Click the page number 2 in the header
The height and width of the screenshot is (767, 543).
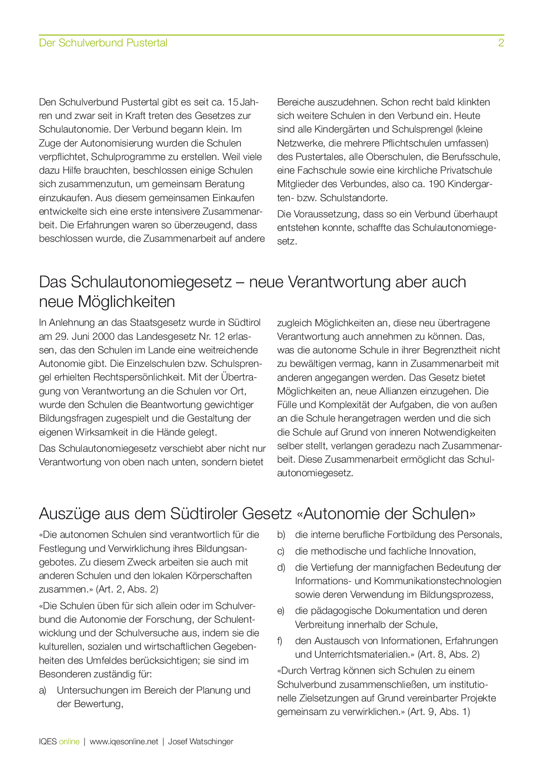tap(501, 43)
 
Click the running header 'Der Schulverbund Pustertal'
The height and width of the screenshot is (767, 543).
tap(103, 43)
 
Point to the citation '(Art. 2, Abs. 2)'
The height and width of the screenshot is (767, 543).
tap(127, 589)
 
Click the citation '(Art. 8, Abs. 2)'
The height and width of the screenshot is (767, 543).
tap(448, 655)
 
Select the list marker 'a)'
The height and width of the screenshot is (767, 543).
tap(42, 690)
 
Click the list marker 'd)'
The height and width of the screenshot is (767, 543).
tap(281, 568)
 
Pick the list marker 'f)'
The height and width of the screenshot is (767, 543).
tap(280, 641)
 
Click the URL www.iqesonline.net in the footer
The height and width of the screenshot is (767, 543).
tap(124, 742)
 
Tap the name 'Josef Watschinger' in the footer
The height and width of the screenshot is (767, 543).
tap(201, 742)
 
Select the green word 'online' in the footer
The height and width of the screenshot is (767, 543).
tap(69, 742)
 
